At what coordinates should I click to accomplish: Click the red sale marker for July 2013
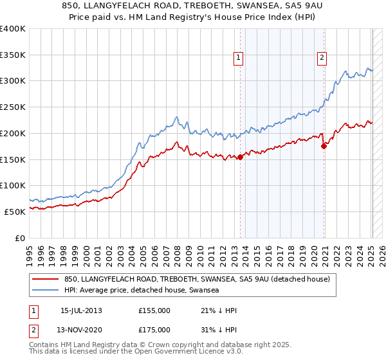pos(240,157)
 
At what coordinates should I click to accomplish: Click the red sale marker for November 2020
pos(324,146)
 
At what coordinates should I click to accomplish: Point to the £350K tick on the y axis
pos(13,55)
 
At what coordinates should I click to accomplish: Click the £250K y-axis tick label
pos(13,107)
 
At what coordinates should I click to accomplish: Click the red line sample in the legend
pos(46,279)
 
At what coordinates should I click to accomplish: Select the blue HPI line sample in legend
pos(46,290)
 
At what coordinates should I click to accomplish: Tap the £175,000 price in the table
pos(154,330)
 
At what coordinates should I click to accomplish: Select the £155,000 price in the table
pos(154,310)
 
